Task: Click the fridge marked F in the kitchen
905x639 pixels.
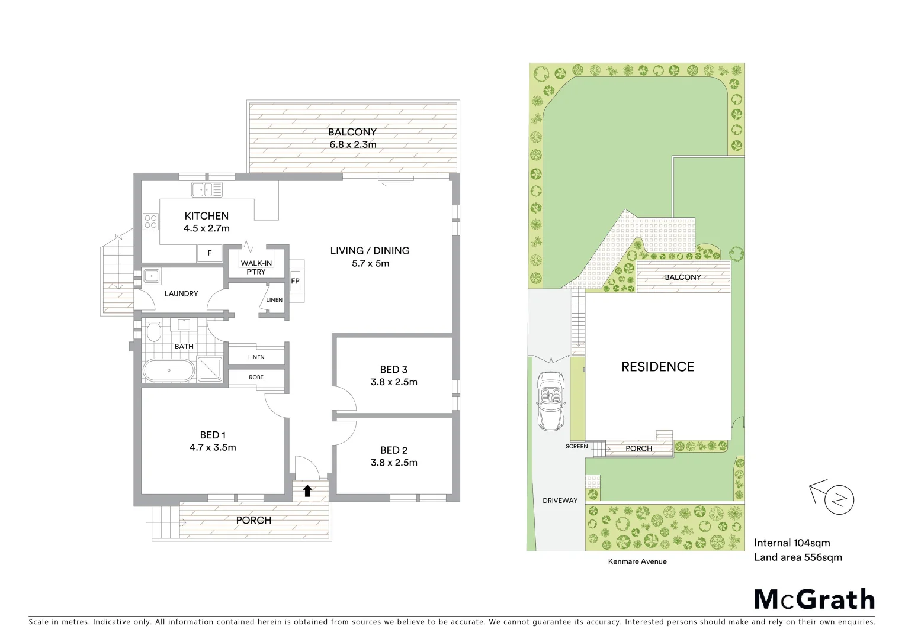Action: [209, 253]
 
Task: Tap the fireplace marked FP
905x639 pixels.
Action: [295, 281]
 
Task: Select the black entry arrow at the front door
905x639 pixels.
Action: [307, 490]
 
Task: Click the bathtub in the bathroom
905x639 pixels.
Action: [169, 370]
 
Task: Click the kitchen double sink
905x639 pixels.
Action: [207, 190]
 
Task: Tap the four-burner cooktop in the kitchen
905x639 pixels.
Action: [150, 221]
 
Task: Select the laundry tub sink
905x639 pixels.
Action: [150, 276]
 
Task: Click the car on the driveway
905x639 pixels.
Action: [551, 401]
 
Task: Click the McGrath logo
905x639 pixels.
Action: [814, 599]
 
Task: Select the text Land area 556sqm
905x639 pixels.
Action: [797, 557]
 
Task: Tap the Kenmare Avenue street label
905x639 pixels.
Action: [637, 561]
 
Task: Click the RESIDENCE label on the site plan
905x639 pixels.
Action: [657, 367]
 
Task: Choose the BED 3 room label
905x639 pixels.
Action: [394, 370]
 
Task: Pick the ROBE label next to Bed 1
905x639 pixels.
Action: [256, 377]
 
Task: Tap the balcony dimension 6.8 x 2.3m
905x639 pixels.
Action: [352, 144]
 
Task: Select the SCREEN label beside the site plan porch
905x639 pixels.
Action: [576, 446]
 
